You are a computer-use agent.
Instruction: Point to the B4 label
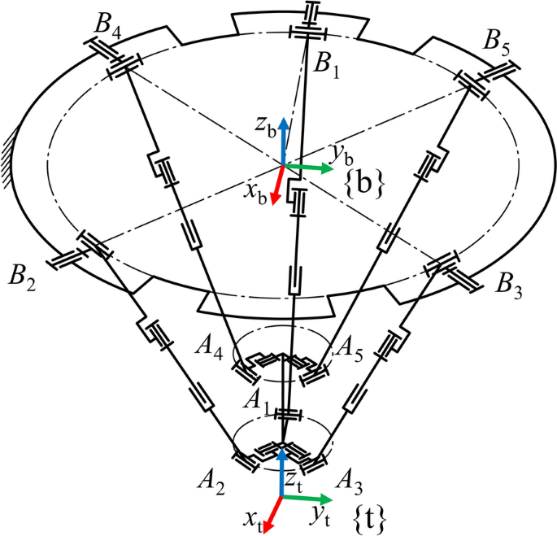click(x=109, y=25)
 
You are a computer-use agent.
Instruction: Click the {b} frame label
click(x=365, y=183)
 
